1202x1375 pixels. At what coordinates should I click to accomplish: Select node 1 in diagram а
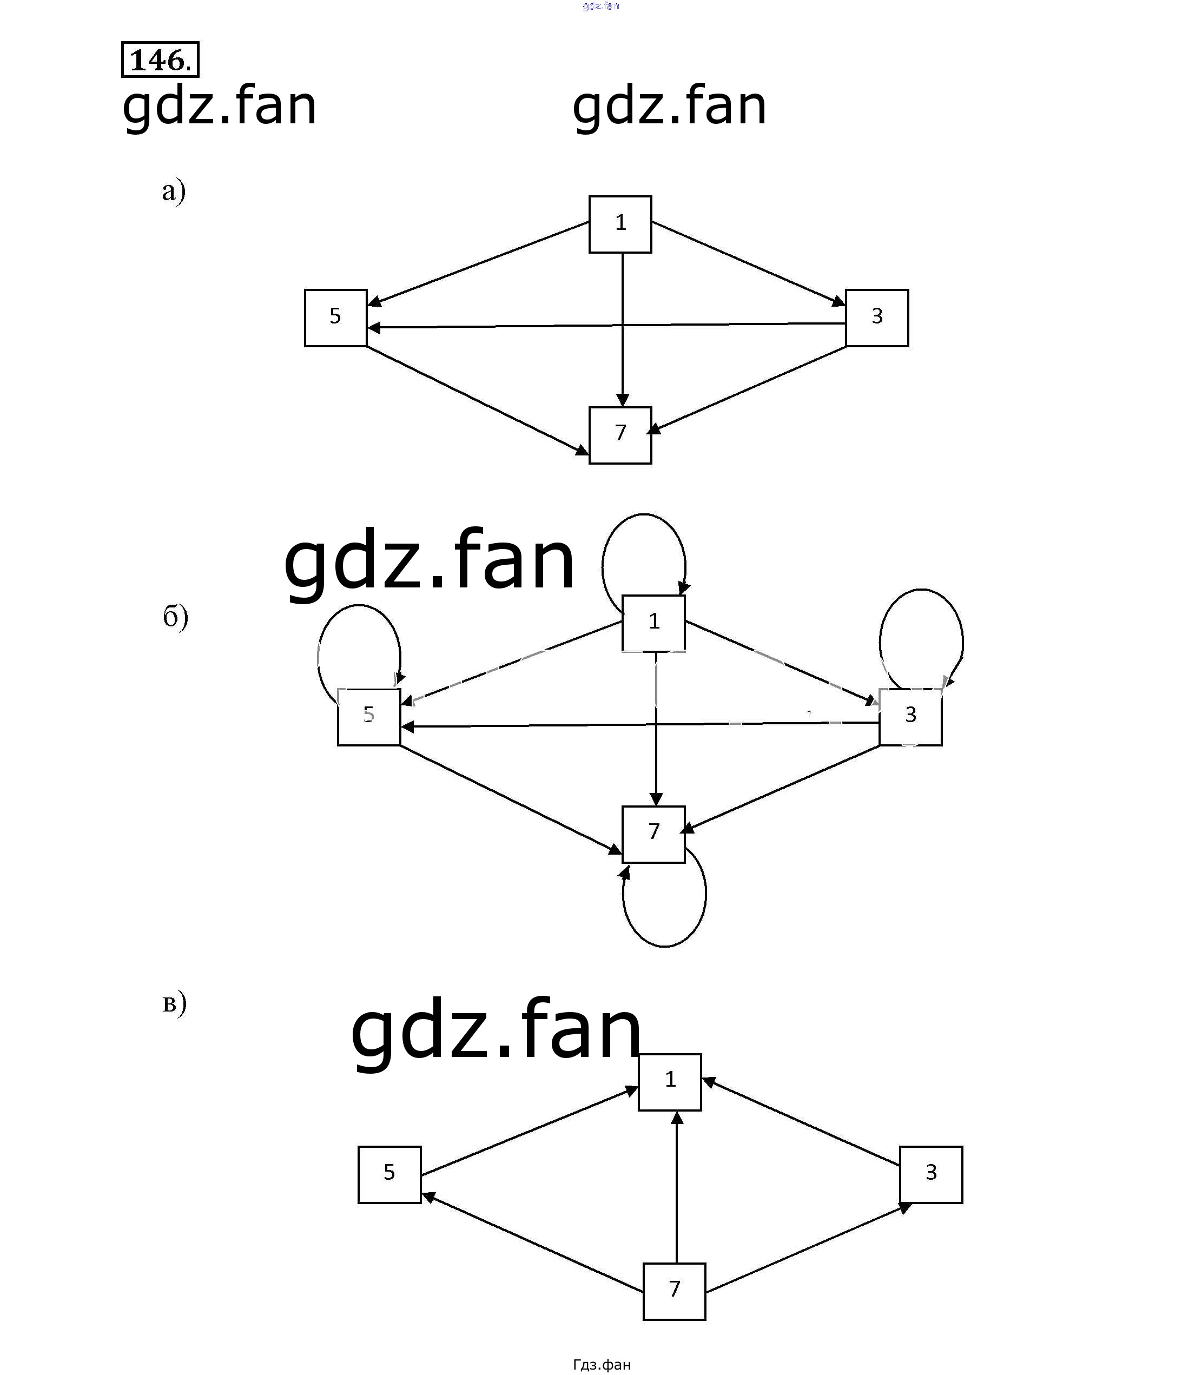[x=620, y=224]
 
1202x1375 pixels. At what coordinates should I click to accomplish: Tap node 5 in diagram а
[x=335, y=318]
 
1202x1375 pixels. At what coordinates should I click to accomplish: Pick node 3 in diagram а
[x=877, y=318]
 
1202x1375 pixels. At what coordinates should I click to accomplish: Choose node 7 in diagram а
[x=620, y=435]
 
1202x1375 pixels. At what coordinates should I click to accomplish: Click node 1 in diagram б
[x=653, y=623]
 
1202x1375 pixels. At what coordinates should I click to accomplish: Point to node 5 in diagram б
[x=368, y=716]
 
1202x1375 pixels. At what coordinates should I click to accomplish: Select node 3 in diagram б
[x=910, y=716]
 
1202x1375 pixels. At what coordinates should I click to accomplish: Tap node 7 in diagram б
[x=653, y=834]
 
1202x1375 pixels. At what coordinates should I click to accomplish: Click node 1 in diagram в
[x=669, y=1081]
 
